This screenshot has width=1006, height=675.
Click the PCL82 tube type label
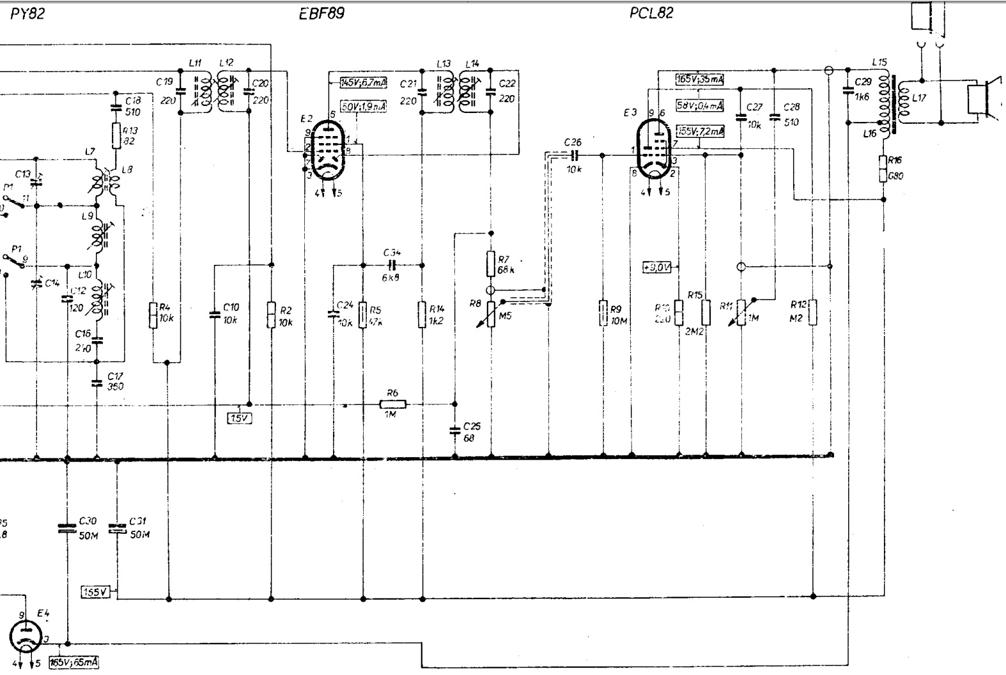[x=651, y=13]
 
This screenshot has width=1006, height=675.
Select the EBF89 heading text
[x=321, y=13]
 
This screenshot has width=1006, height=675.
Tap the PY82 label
[x=28, y=13]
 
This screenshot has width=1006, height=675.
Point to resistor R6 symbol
[x=392, y=404]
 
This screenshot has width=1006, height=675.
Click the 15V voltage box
[x=240, y=418]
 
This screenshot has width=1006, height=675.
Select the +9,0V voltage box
[x=657, y=267]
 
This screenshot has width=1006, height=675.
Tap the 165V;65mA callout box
[x=74, y=663]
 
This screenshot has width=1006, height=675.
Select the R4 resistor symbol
[x=153, y=315]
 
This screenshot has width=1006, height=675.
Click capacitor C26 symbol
[x=573, y=155]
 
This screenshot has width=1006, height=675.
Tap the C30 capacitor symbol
[x=66, y=529]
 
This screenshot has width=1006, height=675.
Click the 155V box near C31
[x=96, y=592]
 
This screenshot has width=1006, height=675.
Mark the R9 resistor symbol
[x=603, y=314]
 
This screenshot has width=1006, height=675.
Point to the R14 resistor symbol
[x=422, y=314]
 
